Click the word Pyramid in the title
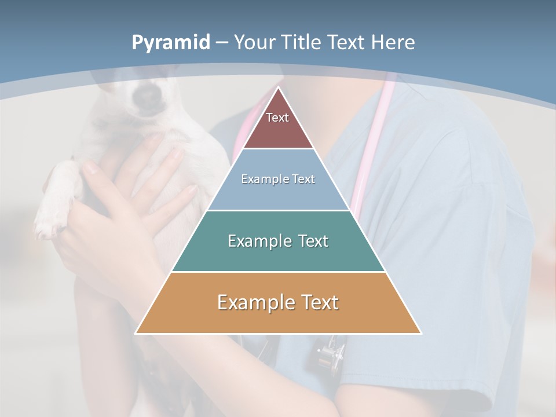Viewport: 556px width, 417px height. click(171, 43)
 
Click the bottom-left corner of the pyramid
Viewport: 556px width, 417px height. click(137, 333)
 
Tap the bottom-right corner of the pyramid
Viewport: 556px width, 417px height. click(420, 333)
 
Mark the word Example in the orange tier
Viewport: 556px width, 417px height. click(250, 302)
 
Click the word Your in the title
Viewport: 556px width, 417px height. click(255, 42)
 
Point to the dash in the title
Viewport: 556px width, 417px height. click(222, 43)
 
